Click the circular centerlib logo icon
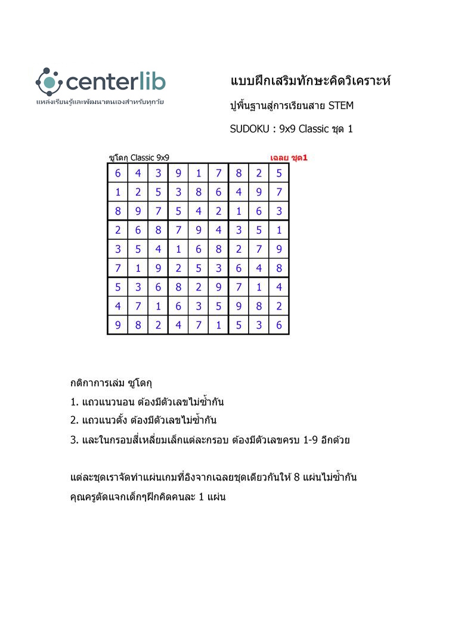(49, 82)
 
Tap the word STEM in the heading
(341, 106)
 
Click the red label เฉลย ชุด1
(289, 158)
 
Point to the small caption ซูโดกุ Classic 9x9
(139, 158)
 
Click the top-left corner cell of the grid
(117, 173)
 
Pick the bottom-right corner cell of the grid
(279, 326)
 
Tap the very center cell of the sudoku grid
(199, 249)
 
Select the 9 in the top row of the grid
(178, 173)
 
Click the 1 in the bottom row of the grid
(219, 326)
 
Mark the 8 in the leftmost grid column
(117, 211)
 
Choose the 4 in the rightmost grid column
(279, 287)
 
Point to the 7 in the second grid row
(279, 192)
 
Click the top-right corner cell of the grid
(279, 173)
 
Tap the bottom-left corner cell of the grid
(117, 326)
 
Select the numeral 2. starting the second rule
(75, 420)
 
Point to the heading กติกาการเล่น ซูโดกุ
(112, 382)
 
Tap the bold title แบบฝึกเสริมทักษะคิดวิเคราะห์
(309, 81)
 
